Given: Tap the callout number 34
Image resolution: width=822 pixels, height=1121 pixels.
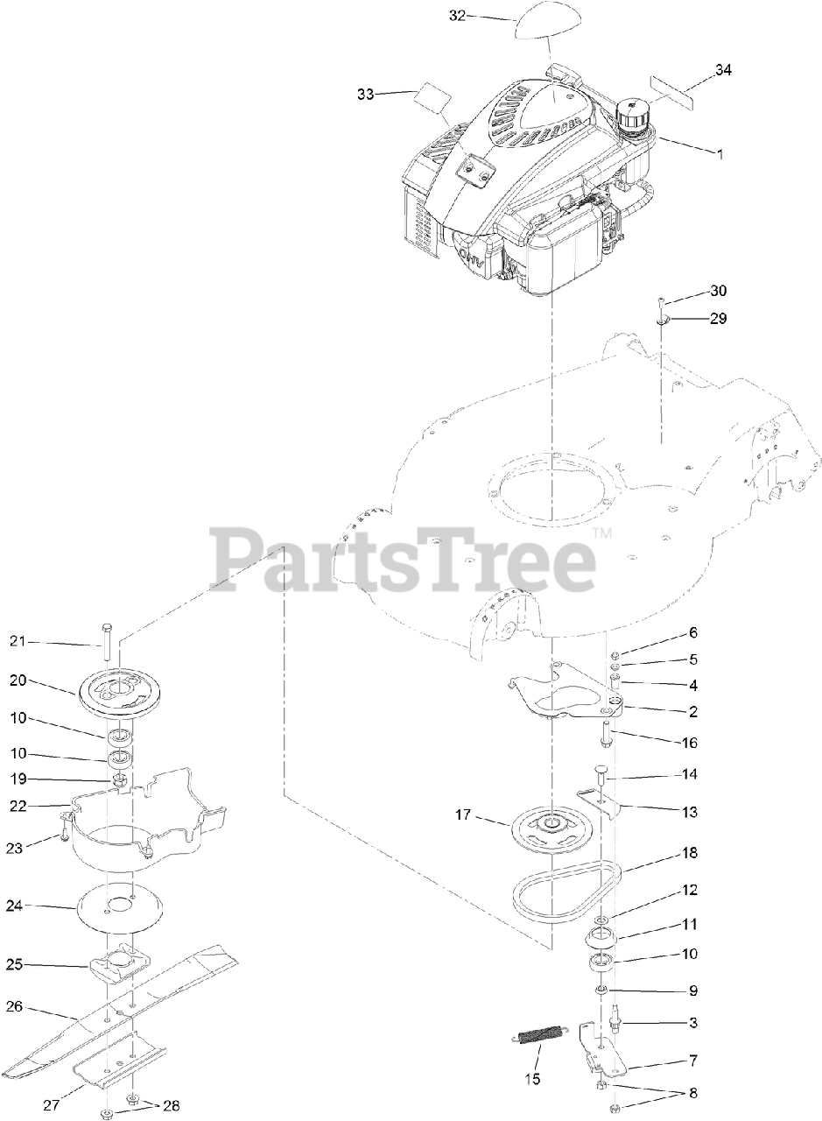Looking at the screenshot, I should pyautogui.click(x=723, y=71).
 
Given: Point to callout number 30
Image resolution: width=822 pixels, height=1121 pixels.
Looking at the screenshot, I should pyautogui.click(x=718, y=291).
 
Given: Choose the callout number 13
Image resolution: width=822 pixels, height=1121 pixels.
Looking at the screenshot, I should pyautogui.click(x=691, y=812).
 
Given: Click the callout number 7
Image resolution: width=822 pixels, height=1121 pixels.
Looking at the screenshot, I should pyautogui.click(x=693, y=1061).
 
